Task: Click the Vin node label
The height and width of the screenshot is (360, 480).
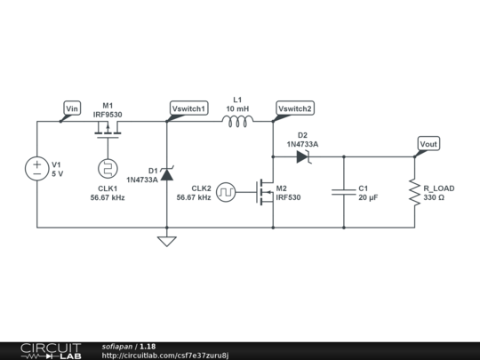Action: tap(73, 108)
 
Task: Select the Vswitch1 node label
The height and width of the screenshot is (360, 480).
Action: tap(188, 108)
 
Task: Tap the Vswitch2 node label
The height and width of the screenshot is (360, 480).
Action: tap(295, 108)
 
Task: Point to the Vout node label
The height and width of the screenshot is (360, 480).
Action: tap(428, 143)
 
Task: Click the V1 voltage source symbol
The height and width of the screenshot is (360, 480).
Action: tap(37, 169)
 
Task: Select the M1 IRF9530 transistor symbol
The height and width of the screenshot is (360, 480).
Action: tap(108, 130)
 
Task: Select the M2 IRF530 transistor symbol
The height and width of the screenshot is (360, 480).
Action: tap(265, 191)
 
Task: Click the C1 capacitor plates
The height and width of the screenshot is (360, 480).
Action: tap(343, 192)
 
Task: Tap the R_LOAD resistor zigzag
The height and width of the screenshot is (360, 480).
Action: tap(413, 192)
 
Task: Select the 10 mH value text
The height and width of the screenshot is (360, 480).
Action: tap(237, 108)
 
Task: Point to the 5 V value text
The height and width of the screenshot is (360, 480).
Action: tap(58, 174)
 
